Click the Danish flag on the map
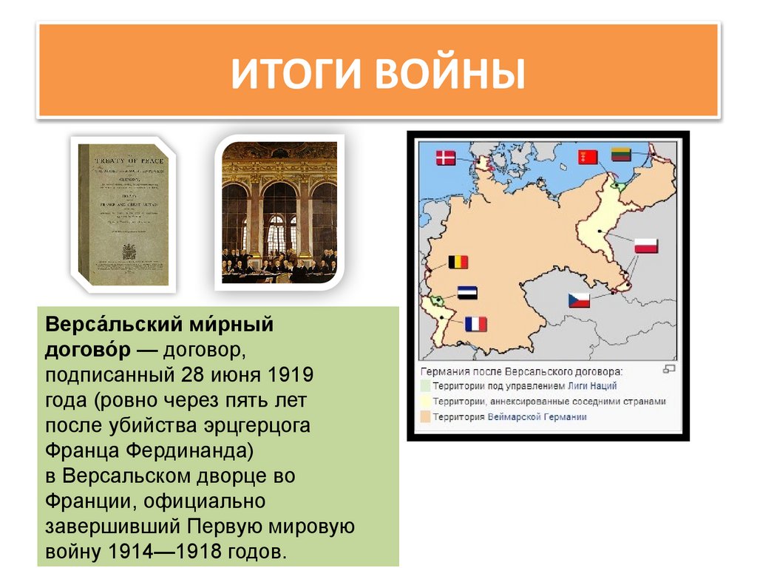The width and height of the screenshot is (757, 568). click(446, 157)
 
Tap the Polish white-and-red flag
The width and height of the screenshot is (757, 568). click(645, 246)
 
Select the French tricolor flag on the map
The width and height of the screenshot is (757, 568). click(476, 323)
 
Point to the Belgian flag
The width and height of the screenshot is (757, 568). click(458, 262)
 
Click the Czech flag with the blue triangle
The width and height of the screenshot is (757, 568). click(578, 300)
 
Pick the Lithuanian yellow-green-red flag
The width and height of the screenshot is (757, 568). click(620, 155)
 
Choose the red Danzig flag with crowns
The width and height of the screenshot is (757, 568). click(588, 157)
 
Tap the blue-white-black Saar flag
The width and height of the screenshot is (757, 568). click(466, 292)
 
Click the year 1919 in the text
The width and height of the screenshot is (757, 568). click(288, 374)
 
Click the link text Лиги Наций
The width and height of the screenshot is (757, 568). click(592, 385)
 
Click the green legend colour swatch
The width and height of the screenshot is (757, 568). click(425, 385)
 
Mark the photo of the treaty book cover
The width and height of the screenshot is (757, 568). click(123, 214)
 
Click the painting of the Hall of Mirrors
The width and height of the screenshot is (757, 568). click(279, 212)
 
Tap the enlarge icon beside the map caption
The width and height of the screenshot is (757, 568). click(669, 368)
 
